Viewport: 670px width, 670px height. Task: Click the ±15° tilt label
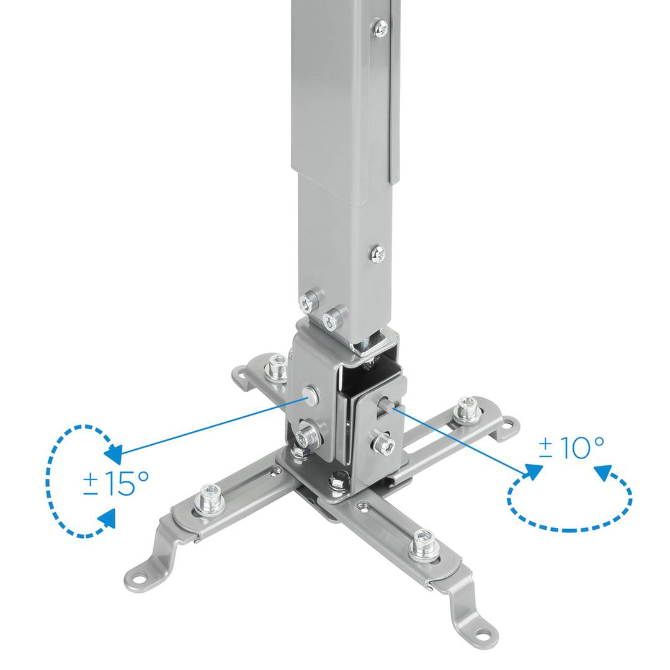coord(116,483)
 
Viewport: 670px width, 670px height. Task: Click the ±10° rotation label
coord(571,447)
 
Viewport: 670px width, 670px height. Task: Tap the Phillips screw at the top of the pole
coord(381,27)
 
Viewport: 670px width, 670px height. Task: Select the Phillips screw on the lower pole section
coord(377,253)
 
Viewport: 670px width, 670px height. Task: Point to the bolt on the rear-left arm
coord(276,370)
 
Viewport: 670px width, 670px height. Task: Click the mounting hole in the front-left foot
coord(139,581)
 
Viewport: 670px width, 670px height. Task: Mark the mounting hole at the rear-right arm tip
coord(507,426)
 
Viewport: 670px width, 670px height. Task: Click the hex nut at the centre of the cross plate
coord(338,478)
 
